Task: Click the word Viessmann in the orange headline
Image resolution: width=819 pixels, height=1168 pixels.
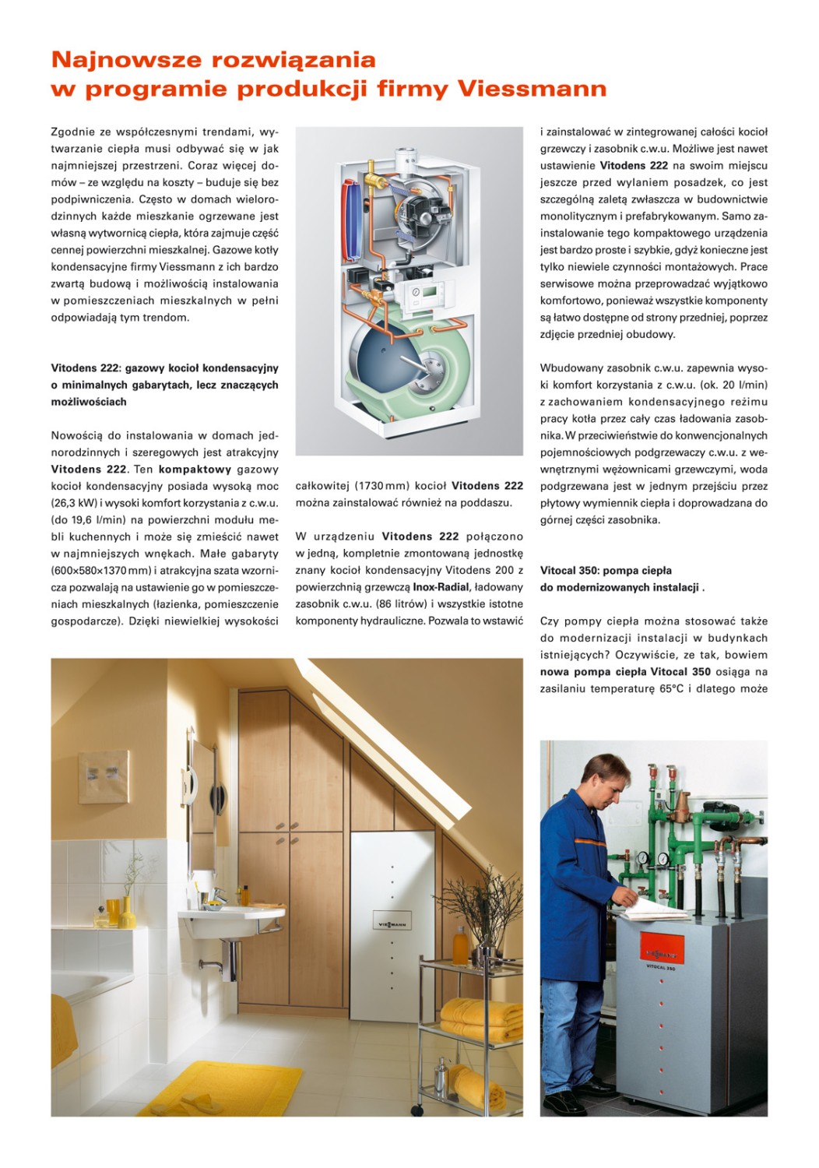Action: click(x=532, y=89)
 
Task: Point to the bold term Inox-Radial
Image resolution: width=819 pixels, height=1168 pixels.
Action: click(x=441, y=587)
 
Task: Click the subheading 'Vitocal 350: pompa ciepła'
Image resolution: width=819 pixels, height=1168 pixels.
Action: click(x=606, y=571)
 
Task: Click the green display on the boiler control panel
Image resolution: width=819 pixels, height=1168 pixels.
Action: click(x=417, y=292)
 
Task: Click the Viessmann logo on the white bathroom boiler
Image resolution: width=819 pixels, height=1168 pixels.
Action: click(x=392, y=924)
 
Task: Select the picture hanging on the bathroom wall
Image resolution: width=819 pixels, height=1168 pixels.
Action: click(x=104, y=777)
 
